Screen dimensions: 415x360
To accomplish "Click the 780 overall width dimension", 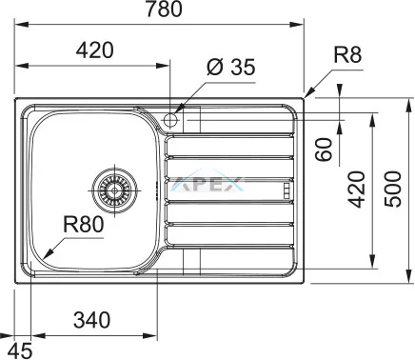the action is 164,9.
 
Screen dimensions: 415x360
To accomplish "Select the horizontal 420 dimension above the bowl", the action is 94,50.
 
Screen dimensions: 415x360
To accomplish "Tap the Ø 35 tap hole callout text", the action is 230,67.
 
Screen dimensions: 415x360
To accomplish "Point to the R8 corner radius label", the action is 347,54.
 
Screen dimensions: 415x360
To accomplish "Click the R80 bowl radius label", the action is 84,224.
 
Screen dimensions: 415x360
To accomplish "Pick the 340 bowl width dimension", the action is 91,320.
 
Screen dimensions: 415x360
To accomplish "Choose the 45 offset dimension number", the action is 20,350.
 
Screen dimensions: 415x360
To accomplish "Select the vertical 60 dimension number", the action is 324,150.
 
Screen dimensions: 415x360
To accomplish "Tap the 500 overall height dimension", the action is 393,190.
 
